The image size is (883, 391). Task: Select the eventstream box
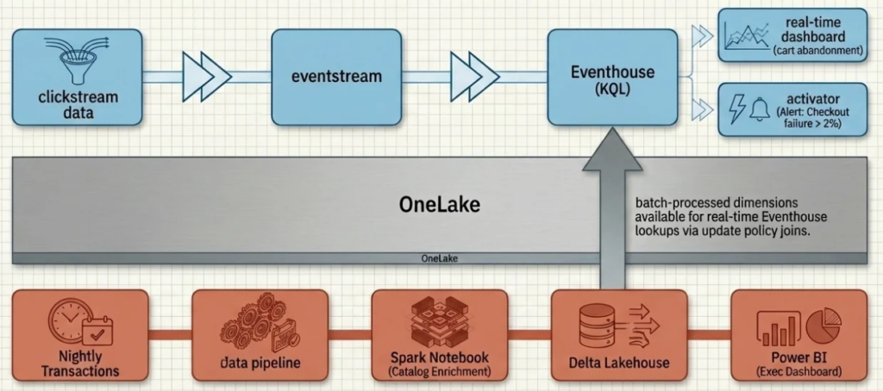click(x=336, y=77)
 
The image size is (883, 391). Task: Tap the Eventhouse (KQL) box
click(x=612, y=77)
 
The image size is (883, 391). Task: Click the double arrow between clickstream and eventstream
click(x=207, y=77)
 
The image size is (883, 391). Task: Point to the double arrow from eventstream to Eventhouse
click(x=474, y=77)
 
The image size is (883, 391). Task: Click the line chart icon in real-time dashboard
click(x=746, y=36)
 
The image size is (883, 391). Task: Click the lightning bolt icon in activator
click(x=737, y=109)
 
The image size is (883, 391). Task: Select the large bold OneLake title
click(x=439, y=204)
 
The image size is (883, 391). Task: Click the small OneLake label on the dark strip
click(x=439, y=258)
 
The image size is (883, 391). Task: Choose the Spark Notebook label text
click(x=440, y=357)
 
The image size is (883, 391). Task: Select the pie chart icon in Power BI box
click(x=824, y=325)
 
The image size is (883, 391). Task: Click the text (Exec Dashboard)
click(x=798, y=371)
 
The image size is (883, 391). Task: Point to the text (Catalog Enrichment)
click(x=440, y=371)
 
